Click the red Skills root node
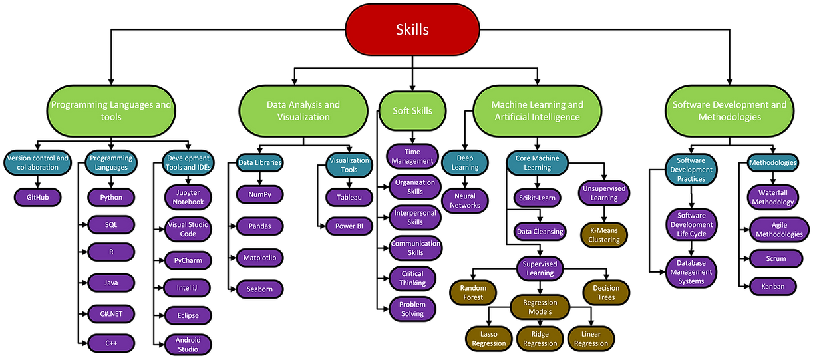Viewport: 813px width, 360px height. (412, 30)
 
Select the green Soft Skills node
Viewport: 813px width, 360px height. (412, 111)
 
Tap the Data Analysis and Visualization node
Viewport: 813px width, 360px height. (303, 111)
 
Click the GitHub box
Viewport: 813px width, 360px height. (38, 198)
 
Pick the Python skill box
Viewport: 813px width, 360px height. (111, 198)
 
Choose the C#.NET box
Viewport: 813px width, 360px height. (111, 314)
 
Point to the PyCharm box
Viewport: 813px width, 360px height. (188, 260)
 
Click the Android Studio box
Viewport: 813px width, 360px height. (188, 345)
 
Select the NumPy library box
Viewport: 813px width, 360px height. (259, 195)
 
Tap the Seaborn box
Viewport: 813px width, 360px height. (259, 289)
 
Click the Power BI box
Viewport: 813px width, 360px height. (349, 226)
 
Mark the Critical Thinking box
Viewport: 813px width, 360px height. (412, 278)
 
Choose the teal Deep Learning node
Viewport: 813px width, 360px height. (465, 163)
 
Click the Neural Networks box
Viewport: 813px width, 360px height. (465, 201)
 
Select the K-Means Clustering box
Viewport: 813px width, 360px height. (604, 235)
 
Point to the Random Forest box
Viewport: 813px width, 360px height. (473, 293)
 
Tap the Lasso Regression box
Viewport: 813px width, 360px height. (489, 339)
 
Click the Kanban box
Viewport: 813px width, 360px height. (772, 287)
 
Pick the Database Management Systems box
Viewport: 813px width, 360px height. (691, 272)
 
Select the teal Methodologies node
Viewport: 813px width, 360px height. (772, 163)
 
